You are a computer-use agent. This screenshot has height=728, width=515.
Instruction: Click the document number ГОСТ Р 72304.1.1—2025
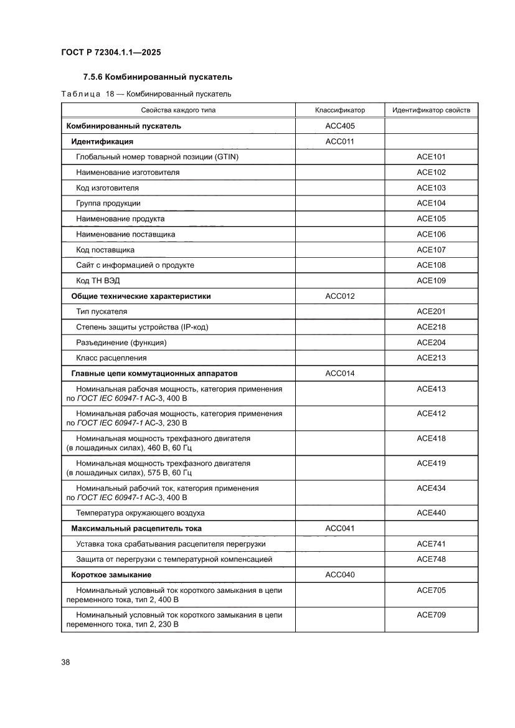click(x=111, y=53)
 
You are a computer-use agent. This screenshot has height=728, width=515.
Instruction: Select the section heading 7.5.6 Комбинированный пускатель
click(x=158, y=77)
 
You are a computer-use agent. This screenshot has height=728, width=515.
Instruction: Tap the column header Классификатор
click(x=339, y=110)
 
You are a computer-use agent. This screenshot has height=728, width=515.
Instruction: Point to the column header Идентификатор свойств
click(x=431, y=110)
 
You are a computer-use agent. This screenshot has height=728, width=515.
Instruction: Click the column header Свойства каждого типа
click(x=178, y=110)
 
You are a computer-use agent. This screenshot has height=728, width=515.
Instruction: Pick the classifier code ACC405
click(x=339, y=126)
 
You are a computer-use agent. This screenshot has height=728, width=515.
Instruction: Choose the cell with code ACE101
click(x=431, y=157)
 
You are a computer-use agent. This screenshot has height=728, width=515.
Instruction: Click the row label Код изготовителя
click(x=107, y=187)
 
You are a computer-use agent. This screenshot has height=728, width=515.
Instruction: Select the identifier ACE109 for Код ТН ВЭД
click(x=431, y=280)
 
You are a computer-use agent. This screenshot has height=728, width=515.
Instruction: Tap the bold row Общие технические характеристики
click(x=141, y=296)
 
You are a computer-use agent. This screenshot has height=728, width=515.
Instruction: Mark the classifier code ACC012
click(x=339, y=296)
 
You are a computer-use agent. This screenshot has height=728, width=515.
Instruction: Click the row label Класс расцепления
click(x=111, y=357)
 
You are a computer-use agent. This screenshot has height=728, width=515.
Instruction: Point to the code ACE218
click(x=431, y=327)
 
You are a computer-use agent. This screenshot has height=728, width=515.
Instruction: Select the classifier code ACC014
click(x=339, y=373)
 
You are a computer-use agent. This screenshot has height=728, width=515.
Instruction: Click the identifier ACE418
click(x=431, y=438)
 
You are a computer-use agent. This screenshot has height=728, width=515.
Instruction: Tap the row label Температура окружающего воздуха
click(x=140, y=513)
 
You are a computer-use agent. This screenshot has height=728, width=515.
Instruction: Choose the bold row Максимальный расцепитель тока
click(x=136, y=528)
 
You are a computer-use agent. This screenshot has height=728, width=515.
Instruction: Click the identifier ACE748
click(x=431, y=559)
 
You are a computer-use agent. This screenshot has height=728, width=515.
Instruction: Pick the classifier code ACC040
click(x=339, y=574)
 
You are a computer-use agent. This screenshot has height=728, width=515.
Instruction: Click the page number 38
click(x=65, y=662)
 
